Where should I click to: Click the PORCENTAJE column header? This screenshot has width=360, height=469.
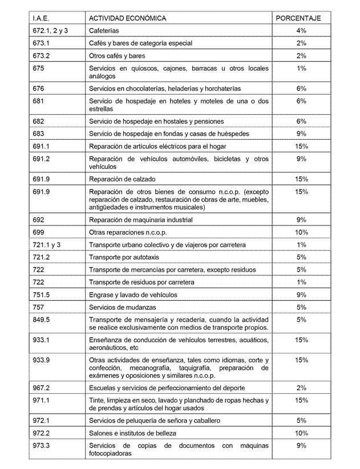point(298,18)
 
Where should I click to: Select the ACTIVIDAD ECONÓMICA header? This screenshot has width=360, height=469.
point(128,18)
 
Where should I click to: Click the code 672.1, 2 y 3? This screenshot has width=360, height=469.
point(50,30)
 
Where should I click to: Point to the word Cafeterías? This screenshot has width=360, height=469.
point(105,30)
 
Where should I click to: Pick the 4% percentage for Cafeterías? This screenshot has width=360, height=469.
point(301,30)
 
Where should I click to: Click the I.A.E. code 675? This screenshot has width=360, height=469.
point(39,68)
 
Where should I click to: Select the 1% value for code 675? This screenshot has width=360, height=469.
point(301,68)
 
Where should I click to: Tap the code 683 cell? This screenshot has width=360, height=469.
point(39,134)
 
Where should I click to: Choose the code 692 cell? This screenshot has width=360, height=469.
point(39,220)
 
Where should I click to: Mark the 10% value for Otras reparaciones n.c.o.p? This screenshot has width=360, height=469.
point(301,232)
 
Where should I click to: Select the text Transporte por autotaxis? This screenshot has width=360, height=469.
point(124,257)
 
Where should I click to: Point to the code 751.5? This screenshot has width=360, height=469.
point(42,295)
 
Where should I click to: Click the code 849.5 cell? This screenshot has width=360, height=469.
point(42,320)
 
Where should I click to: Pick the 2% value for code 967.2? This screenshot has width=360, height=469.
point(301,387)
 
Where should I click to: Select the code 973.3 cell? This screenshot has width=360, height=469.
point(42,445)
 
